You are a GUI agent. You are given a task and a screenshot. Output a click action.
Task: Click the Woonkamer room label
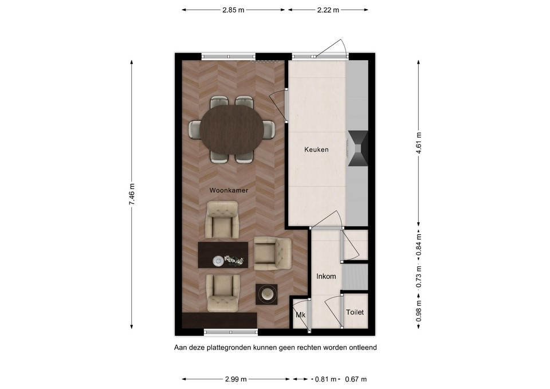tap(229, 190)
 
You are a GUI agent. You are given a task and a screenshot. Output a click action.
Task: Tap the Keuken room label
tap(316, 150)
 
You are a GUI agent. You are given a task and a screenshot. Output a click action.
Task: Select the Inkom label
tap(326, 276)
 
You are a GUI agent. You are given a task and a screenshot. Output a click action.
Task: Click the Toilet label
tap(355, 312)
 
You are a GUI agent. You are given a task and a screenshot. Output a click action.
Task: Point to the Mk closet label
tap(300, 315)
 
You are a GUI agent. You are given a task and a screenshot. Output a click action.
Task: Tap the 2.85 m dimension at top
tap(233, 10)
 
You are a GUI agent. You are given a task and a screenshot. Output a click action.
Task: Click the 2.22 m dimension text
tap(327, 10)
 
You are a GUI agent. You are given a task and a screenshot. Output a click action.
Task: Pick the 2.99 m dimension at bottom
tap(235, 379)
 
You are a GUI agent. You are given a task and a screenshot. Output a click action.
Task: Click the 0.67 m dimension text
tap(355, 379)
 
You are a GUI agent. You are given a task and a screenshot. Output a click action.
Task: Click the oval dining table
tap(232, 131)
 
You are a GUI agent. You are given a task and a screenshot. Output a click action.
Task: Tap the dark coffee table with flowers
tap(223, 255)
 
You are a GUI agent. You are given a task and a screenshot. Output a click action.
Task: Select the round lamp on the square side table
tap(266, 294)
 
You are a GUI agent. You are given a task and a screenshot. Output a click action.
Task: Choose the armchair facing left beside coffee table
tap(272, 253)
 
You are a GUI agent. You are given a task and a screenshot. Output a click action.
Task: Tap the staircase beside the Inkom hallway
tap(355, 277)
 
